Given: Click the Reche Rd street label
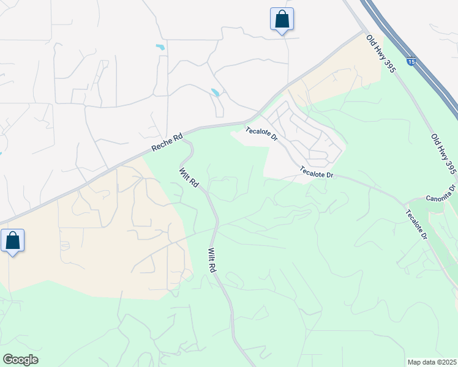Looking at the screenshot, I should (167, 144).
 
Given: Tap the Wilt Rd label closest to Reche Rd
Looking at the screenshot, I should (189, 177).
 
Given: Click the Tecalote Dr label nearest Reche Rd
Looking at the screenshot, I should (261, 134).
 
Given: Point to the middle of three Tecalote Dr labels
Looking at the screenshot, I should (317, 173).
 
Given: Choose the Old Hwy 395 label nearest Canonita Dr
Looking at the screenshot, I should (443, 154).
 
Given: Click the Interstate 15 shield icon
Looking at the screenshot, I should (412, 62).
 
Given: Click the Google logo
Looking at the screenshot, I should (20, 360).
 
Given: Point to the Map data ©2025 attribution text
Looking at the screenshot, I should (432, 362).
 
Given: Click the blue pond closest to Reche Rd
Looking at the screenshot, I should (216, 93).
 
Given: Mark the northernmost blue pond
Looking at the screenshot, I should (160, 47).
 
